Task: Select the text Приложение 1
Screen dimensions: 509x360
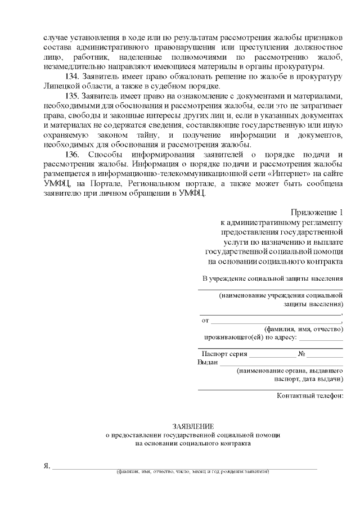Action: (x=317, y=212)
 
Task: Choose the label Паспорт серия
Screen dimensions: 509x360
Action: (x=224, y=354)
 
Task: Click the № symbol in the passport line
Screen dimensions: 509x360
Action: (x=301, y=354)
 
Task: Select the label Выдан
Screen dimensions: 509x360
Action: (x=208, y=363)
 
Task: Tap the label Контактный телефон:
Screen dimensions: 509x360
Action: (x=310, y=395)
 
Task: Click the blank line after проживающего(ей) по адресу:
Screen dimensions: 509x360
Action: (x=321, y=339)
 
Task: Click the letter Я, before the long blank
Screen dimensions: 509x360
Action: (x=47, y=466)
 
